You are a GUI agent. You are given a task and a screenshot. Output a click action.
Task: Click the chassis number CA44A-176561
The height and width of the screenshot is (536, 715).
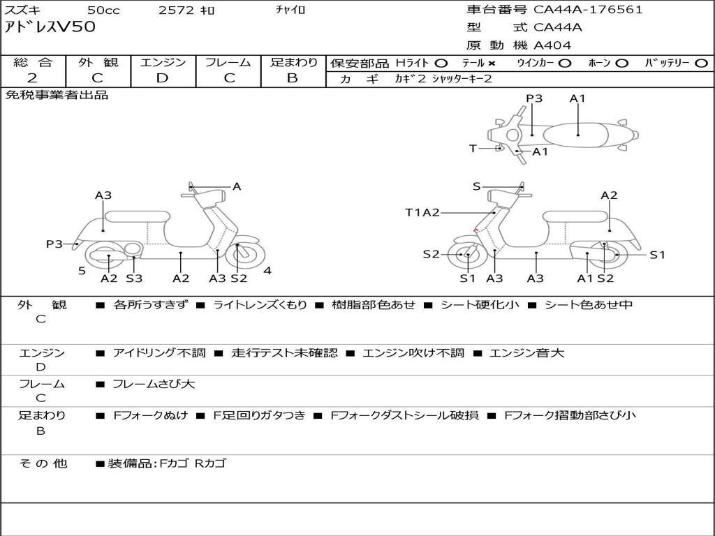pyautogui.click(x=588, y=10)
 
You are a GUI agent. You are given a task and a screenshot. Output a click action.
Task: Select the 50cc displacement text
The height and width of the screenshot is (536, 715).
pyautogui.click(x=103, y=10)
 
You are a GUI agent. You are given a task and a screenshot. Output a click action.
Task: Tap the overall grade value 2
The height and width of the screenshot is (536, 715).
pyautogui.click(x=32, y=78)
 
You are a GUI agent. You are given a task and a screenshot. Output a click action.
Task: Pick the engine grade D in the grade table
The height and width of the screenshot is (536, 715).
pyautogui.click(x=162, y=78)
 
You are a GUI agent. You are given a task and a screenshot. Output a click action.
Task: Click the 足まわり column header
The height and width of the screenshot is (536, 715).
pyautogui.click(x=293, y=63)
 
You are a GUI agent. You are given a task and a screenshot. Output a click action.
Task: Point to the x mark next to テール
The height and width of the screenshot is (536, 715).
pyautogui.click(x=492, y=63)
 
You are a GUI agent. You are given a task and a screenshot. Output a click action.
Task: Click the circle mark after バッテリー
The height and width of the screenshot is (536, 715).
pyautogui.click(x=701, y=63)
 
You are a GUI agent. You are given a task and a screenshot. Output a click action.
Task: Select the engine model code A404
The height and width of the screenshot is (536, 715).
pyautogui.click(x=552, y=45)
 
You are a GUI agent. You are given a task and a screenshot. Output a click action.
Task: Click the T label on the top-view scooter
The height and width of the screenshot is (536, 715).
pyautogui.click(x=473, y=148)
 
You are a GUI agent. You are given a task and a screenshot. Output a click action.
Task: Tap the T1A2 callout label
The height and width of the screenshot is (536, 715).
pyautogui.click(x=422, y=212)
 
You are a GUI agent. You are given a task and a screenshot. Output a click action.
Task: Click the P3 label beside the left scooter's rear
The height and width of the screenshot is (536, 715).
pyautogui.click(x=54, y=244)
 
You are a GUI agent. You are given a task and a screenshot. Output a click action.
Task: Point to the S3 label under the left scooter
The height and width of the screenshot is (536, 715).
pyautogui.click(x=134, y=278)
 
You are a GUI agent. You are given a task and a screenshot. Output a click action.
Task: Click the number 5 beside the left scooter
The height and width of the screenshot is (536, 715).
pyautogui.click(x=82, y=271)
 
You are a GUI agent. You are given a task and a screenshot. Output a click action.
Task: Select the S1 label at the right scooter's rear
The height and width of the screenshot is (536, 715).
pyautogui.click(x=657, y=255)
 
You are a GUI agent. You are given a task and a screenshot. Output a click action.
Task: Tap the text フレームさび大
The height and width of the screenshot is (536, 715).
pyautogui.click(x=154, y=384)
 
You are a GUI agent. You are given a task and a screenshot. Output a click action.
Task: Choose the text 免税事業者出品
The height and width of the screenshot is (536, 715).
pyautogui.click(x=57, y=96)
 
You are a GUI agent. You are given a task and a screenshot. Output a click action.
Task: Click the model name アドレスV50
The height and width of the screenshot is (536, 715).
pyautogui.click(x=50, y=28)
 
